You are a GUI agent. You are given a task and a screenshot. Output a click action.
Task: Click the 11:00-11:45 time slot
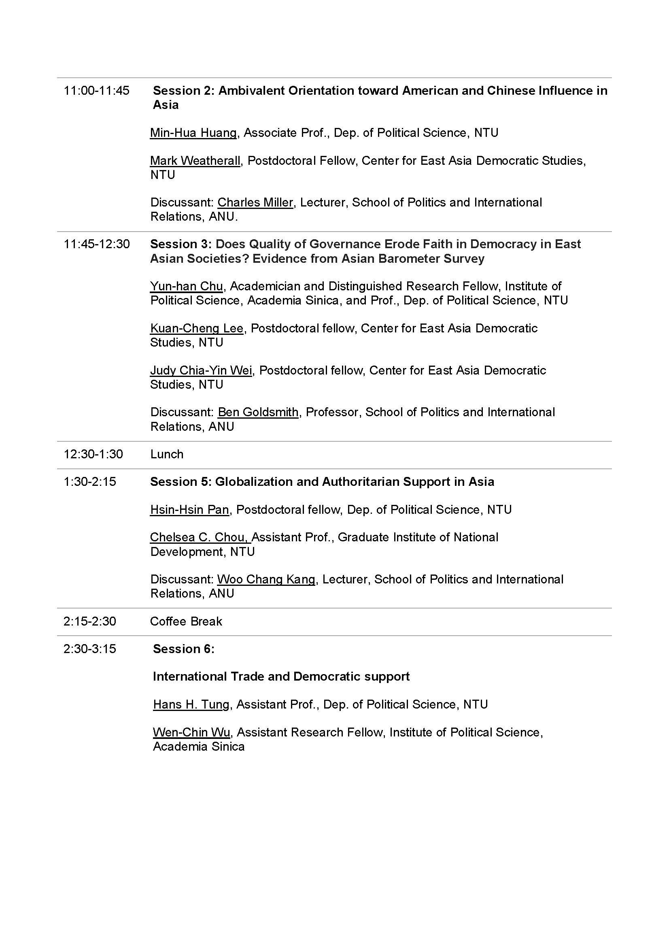96,91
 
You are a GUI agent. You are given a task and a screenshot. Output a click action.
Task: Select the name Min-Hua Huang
193,133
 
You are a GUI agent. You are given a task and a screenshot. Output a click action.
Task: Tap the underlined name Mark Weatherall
195,161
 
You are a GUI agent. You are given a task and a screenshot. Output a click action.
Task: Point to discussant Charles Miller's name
255,202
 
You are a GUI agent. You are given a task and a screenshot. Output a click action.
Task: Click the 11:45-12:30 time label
96,244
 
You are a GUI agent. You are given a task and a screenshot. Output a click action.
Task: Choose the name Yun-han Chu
186,286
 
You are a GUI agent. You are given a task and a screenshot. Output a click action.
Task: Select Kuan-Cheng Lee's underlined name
197,328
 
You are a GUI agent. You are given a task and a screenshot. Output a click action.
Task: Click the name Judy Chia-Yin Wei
201,370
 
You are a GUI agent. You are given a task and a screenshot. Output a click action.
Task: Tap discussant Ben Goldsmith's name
258,412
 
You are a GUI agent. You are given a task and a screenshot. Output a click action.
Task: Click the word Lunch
166,454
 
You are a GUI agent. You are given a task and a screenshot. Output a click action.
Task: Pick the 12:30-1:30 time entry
93,454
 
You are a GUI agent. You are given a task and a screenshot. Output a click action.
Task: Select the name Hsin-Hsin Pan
189,510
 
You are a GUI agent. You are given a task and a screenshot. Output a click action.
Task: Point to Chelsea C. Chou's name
200,537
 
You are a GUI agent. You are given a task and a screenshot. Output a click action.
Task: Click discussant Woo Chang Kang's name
266,579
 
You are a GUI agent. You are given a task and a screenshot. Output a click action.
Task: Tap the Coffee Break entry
186,621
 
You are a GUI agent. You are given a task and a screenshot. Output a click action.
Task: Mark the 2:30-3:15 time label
90,649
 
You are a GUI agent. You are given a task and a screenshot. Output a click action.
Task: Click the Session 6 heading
183,649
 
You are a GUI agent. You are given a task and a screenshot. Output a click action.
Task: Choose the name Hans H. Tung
191,704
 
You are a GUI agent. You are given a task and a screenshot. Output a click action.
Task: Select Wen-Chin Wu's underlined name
191,732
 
